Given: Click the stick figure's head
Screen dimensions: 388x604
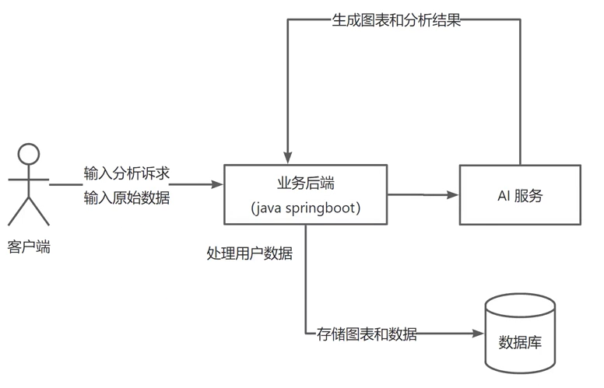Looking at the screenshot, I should click(x=29, y=154).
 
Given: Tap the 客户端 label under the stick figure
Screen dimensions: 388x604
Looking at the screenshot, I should click(x=29, y=247).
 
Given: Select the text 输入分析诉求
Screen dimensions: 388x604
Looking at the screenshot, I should click(x=126, y=173).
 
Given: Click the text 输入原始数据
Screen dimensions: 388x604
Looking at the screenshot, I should click(x=126, y=198).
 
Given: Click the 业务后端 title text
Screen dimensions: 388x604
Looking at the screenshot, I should click(x=306, y=184).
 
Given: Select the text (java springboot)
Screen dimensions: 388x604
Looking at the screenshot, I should click(x=306, y=209).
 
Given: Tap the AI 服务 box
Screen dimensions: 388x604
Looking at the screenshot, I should click(x=519, y=195).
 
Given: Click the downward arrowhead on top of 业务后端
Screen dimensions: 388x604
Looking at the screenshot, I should click(x=288, y=159).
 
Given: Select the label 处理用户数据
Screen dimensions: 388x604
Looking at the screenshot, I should click(x=249, y=253).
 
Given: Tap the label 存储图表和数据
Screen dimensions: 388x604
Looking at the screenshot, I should click(x=367, y=334).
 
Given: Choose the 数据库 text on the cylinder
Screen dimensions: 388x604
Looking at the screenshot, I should click(x=520, y=343).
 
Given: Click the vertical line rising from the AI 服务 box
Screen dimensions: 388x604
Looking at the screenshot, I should click(x=519, y=93).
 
